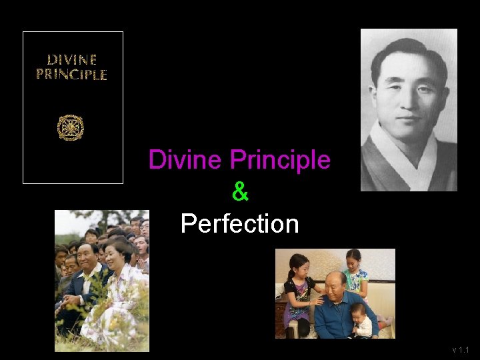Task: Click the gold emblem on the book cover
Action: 71,127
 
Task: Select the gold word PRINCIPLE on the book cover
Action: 71,74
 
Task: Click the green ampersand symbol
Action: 240,192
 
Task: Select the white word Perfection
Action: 240,224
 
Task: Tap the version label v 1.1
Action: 461,349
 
